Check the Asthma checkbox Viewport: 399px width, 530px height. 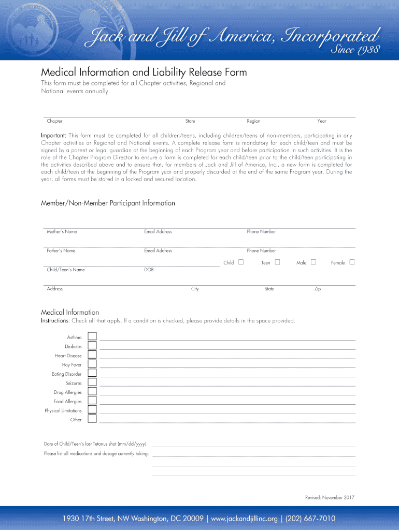(x=92, y=336)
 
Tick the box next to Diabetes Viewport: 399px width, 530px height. (x=92, y=346)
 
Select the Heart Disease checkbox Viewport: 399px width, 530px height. (x=92, y=355)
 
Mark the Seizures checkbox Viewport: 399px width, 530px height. (x=92, y=382)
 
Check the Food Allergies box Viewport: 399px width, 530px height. (x=92, y=401)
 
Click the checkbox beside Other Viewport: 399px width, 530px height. (x=92, y=419)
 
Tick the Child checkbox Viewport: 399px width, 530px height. (x=241, y=262)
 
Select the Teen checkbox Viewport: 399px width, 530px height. (x=277, y=262)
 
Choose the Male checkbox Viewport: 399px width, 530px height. (x=313, y=262)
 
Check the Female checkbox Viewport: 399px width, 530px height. (x=352, y=262)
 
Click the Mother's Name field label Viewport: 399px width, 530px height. (x=62, y=232)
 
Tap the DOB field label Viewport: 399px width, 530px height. (x=149, y=270)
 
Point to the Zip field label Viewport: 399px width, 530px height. (x=318, y=289)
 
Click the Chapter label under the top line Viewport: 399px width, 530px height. (x=54, y=121)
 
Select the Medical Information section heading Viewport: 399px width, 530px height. (x=70, y=312)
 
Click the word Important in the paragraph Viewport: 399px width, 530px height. (x=53, y=136)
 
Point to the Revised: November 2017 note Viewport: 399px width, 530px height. (x=330, y=497)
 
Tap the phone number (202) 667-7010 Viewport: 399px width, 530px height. (x=312, y=518)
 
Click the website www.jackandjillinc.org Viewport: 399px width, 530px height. (x=246, y=518)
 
